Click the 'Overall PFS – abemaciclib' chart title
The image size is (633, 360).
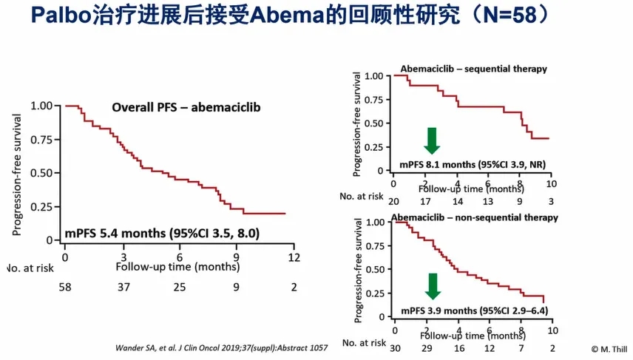(186, 107)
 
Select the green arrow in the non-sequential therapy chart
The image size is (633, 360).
(433, 286)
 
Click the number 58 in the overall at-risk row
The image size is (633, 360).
(66, 287)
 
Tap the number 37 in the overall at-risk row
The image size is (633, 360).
(123, 287)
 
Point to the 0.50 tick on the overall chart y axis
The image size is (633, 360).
(41, 173)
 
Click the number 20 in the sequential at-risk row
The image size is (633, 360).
(394, 201)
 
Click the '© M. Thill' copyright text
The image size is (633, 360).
(608, 347)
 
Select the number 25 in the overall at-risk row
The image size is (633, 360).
(180, 287)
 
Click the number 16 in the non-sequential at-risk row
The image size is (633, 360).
(458, 347)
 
